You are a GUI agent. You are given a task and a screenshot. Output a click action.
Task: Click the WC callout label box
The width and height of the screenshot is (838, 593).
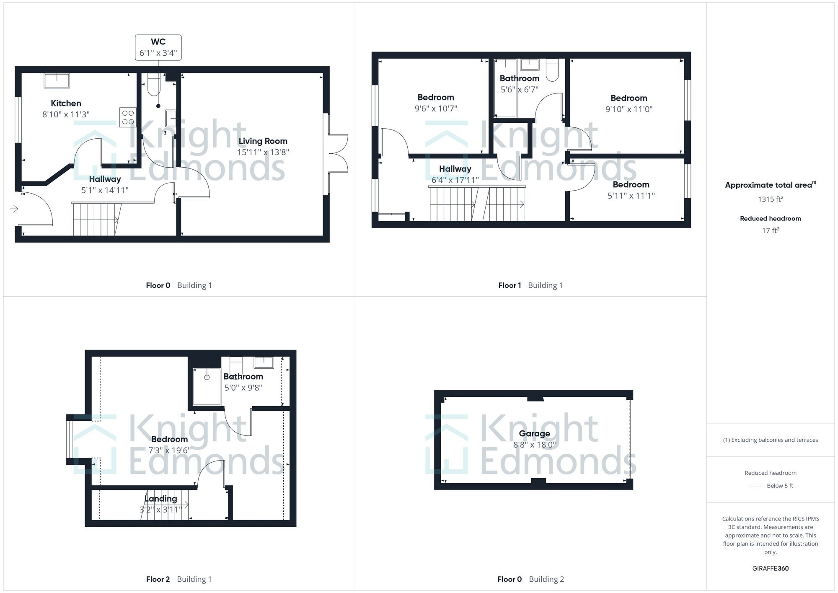[158, 47]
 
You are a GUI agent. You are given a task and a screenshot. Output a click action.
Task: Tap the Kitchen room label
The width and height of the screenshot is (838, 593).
[66, 103]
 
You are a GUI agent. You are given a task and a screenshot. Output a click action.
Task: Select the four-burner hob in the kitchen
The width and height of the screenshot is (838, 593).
[128, 117]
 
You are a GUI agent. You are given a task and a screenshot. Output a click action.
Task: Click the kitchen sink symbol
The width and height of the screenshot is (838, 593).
[57, 80]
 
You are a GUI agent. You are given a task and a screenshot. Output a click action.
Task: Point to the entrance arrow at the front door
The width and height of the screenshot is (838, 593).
[14, 209]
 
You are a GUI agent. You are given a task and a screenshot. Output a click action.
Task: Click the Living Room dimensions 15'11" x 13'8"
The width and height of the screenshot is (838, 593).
[263, 152]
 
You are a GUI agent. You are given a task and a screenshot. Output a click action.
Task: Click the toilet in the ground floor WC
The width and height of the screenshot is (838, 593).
[154, 84]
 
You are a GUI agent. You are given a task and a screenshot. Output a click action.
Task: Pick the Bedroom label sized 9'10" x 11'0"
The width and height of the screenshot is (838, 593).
[628, 98]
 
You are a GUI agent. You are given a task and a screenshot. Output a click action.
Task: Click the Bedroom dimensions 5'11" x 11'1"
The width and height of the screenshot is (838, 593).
[631, 195]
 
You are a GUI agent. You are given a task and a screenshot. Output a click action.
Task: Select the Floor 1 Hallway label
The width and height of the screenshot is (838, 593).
[455, 169]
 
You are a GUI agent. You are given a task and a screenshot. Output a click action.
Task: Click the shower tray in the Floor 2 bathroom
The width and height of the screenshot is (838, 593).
[207, 386]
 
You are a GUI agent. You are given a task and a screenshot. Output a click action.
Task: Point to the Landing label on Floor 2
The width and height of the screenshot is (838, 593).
[160, 498]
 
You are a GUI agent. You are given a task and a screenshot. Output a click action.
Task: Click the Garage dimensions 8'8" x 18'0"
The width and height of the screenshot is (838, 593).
[534, 445]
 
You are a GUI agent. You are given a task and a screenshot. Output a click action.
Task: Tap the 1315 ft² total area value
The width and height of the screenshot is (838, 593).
[771, 199]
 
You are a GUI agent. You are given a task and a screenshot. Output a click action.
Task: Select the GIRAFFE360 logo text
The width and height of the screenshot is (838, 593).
[770, 568]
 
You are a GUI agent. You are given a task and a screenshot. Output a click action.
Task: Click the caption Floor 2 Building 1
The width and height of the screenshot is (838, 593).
[178, 579]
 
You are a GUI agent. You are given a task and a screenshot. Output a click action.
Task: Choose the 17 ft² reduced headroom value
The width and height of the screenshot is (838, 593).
[771, 230]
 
